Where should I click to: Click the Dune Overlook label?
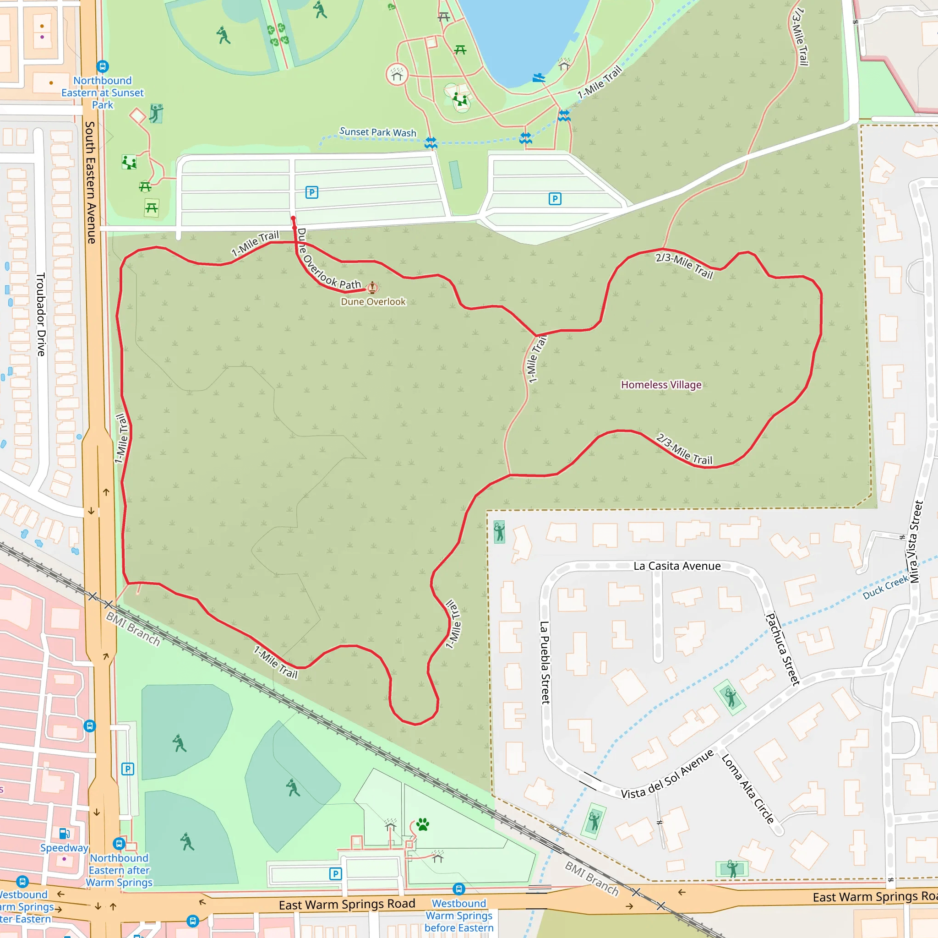pyautogui.click(x=373, y=301)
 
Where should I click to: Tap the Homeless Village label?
pyautogui.click(x=661, y=385)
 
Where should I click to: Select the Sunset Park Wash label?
pyautogui.click(x=378, y=132)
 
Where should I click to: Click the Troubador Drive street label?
pyautogui.click(x=41, y=314)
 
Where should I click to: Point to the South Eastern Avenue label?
pyautogui.click(x=91, y=182)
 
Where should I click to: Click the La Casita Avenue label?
pyautogui.click(x=677, y=566)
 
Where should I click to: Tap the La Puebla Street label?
pyautogui.click(x=545, y=662)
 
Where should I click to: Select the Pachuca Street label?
pyautogui.click(x=782, y=649)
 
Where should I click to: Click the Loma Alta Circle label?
pyautogui.click(x=747, y=789)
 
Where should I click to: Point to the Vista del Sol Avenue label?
pyautogui.click(x=668, y=774)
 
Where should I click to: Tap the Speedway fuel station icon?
pyautogui.click(x=64, y=834)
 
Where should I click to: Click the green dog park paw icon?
pyautogui.click(x=423, y=824)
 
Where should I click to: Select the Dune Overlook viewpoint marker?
pyautogui.click(x=372, y=288)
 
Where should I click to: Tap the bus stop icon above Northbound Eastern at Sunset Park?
pyautogui.click(x=103, y=66)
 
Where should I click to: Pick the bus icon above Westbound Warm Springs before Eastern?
pyautogui.click(x=459, y=889)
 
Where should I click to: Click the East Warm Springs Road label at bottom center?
pyautogui.click(x=347, y=904)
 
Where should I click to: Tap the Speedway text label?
pyautogui.click(x=64, y=848)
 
